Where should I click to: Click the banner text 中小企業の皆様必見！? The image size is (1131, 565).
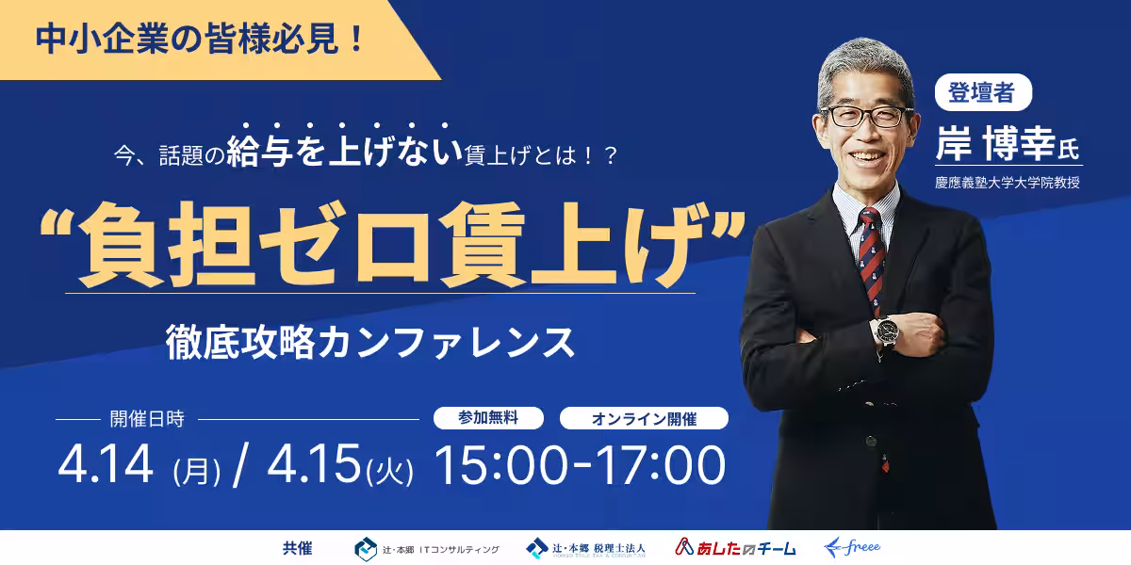coord(200,40)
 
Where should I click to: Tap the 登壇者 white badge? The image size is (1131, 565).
coord(983,92)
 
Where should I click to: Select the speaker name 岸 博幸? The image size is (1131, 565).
coord(995,144)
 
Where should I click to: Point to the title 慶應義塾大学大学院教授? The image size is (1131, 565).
coord(1008,182)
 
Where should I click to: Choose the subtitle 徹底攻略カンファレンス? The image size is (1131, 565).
coord(370,342)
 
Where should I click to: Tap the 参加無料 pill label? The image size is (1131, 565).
coord(488,418)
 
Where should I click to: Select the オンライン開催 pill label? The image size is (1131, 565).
coord(644,418)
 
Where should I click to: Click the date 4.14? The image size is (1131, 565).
coord(106,463)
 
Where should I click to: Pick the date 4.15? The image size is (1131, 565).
coord(314,463)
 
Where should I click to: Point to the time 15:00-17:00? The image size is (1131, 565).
coord(581,465)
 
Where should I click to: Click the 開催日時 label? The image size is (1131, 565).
coord(147,419)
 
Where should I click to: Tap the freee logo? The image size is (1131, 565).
coord(852,547)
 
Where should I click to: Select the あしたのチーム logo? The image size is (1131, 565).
coord(735,547)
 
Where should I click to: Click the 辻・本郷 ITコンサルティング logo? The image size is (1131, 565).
coord(427,549)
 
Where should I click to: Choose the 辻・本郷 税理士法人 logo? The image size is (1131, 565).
coord(585,548)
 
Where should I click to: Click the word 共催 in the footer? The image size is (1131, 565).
coord(298,548)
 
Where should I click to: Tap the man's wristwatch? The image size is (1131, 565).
coord(887,331)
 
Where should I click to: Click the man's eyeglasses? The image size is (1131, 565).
coord(867,116)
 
